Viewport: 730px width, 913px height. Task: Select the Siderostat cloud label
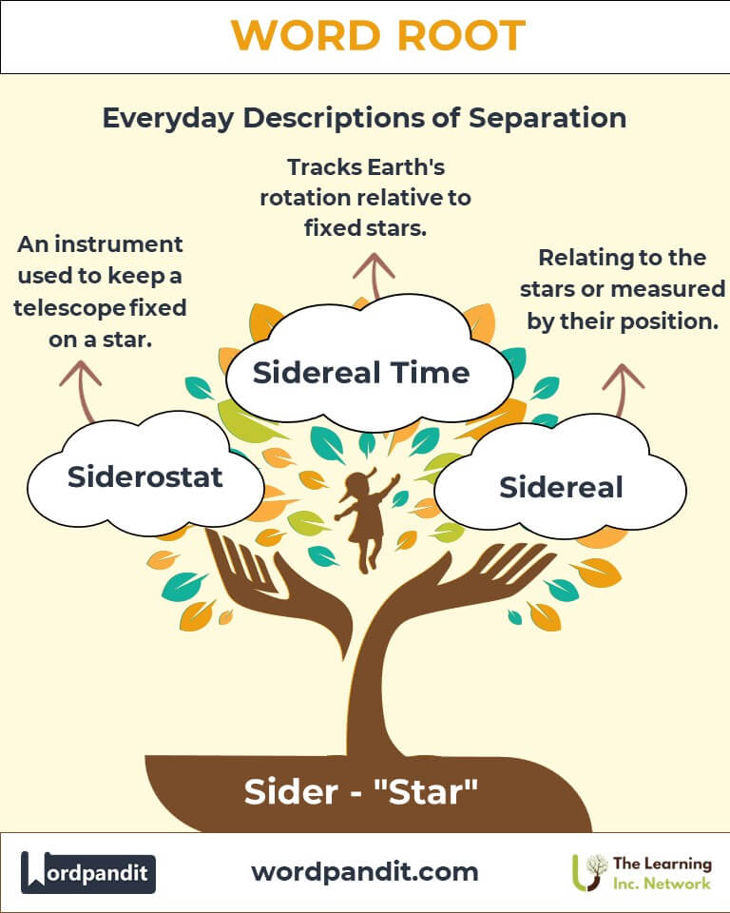[x=144, y=476]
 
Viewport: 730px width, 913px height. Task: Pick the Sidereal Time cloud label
[x=361, y=372]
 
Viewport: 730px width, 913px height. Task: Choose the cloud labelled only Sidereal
[x=561, y=487]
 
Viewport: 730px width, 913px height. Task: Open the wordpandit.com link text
[x=365, y=871]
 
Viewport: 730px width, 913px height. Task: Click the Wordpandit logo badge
[x=88, y=872]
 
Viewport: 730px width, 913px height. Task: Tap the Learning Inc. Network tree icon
[x=586, y=872]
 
